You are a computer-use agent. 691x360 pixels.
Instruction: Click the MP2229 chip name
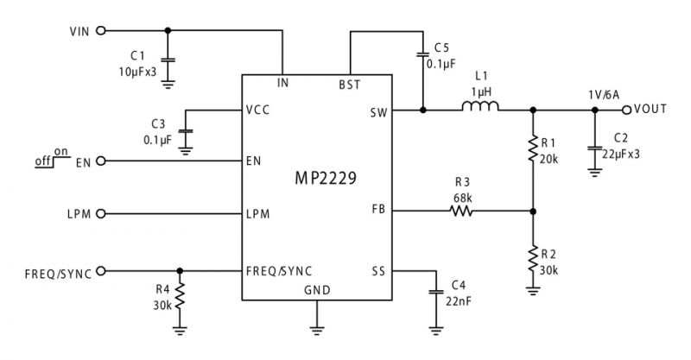point(326,179)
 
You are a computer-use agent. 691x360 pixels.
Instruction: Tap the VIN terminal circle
point(101,31)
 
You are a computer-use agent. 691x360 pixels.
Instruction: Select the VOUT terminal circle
point(627,111)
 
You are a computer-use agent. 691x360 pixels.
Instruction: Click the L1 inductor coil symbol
point(480,106)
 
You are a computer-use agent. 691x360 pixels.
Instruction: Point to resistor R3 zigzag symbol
point(461,212)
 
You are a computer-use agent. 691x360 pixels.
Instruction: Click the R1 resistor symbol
point(533,149)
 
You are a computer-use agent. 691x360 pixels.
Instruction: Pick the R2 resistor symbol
point(533,259)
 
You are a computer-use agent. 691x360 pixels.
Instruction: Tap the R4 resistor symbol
point(180,297)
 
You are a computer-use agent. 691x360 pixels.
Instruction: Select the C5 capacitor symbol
point(422,54)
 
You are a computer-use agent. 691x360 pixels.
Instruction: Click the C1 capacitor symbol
point(168,60)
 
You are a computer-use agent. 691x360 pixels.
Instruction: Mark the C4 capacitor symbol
point(436,292)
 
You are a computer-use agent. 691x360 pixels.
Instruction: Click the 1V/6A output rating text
point(603,95)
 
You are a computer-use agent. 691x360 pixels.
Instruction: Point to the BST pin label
point(350,85)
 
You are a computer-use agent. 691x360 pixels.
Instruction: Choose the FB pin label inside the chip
point(378,209)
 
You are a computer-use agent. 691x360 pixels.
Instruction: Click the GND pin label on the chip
point(317,290)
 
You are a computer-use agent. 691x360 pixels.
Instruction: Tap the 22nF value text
point(459,302)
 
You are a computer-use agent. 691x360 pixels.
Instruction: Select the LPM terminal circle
point(101,214)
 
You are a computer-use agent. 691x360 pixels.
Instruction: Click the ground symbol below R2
point(533,290)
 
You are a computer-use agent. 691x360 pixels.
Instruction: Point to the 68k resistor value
point(463,198)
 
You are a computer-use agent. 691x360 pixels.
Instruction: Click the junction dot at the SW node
point(423,111)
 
